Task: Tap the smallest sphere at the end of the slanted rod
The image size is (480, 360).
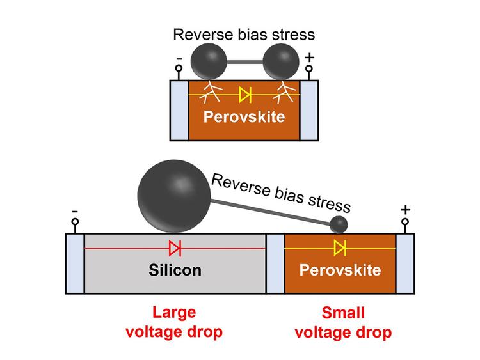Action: coord(339,224)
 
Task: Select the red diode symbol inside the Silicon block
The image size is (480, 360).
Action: coord(175,247)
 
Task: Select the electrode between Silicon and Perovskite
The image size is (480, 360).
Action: coord(275,263)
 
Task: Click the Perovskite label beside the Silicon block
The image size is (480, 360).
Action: coord(340,270)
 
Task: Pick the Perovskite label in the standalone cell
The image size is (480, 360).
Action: coord(244,118)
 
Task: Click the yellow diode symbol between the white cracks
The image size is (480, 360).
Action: coord(244,95)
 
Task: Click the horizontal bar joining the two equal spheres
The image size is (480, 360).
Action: coord(244,63)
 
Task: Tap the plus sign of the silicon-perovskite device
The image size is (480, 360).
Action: coord(404,210)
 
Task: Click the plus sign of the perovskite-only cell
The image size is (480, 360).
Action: coord(310,58)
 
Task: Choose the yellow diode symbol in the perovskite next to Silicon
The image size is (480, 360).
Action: coord(340,247)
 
